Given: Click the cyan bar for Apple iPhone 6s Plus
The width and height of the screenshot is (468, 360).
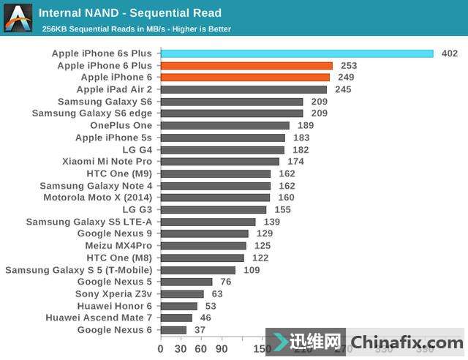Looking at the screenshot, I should pos(297,53).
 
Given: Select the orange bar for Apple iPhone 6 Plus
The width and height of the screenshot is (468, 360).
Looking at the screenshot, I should pos(246,66).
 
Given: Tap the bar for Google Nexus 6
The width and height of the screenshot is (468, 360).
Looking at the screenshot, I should pos(173,330).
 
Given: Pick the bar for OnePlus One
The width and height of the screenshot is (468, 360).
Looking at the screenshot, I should pos(224,126).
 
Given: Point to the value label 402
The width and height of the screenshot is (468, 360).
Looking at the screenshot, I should pos(450,53).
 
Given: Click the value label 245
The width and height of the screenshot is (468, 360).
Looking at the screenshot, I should pos(344,90).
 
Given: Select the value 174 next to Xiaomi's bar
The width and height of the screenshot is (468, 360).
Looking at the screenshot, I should pos(295,162).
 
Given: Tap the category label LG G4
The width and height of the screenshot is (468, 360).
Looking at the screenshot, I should pos(137,149).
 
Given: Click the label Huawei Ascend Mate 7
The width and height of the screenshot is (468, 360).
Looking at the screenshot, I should pos(99,318).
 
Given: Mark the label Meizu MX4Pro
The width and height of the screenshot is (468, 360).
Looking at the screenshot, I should pos(118,246).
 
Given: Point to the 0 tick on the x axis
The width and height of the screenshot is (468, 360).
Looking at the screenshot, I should pos(161,349).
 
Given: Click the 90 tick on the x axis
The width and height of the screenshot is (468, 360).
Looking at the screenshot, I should pos(222,349).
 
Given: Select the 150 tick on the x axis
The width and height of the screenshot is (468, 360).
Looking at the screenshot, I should pos(262,349).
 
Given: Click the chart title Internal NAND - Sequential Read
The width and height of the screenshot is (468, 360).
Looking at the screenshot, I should pos(129,13).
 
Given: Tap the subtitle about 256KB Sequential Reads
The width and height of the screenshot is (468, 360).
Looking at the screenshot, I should pos(136,29).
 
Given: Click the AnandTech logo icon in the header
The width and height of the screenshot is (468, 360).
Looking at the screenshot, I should pos(18,18).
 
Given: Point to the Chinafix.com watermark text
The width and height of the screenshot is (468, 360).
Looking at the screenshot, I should pos(407,342).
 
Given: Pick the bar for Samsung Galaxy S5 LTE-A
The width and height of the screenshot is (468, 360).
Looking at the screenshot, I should pos(208,222).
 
